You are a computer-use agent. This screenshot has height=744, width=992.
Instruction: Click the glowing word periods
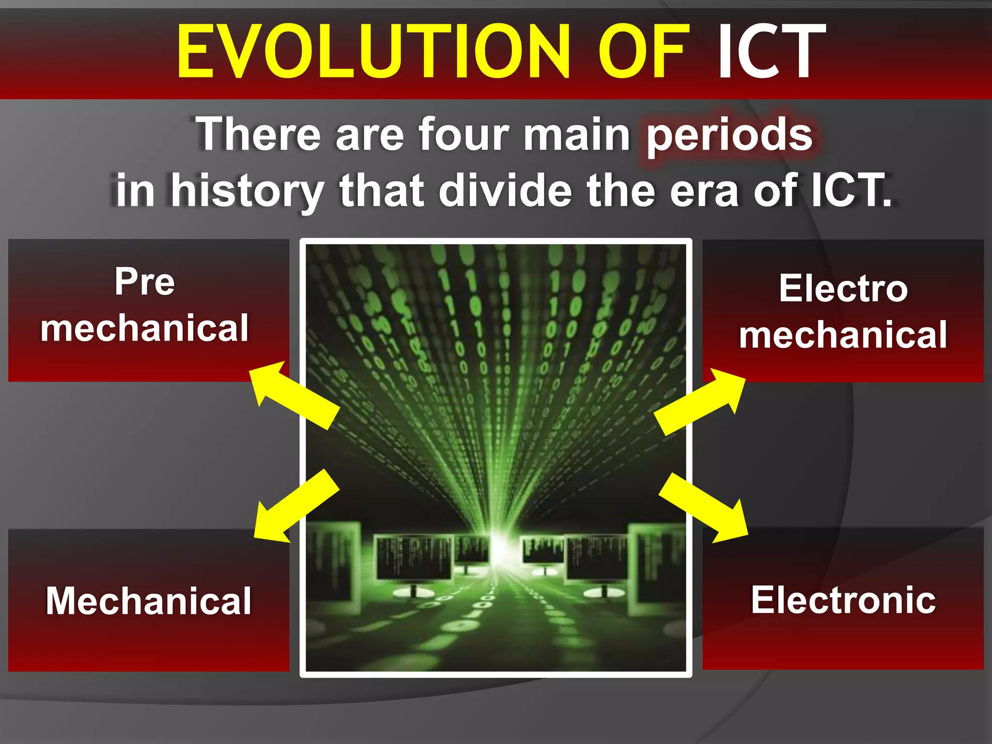click(x=729, y=136)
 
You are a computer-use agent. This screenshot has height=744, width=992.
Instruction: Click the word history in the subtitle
click(x=248, y=191)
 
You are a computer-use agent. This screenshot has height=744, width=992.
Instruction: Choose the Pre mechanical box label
click(x=144, y=305)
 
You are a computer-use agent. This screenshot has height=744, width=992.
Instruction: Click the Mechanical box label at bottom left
click(x=149, y=601)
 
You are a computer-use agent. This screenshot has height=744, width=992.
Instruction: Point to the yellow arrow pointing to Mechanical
click(x=295, y=506)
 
